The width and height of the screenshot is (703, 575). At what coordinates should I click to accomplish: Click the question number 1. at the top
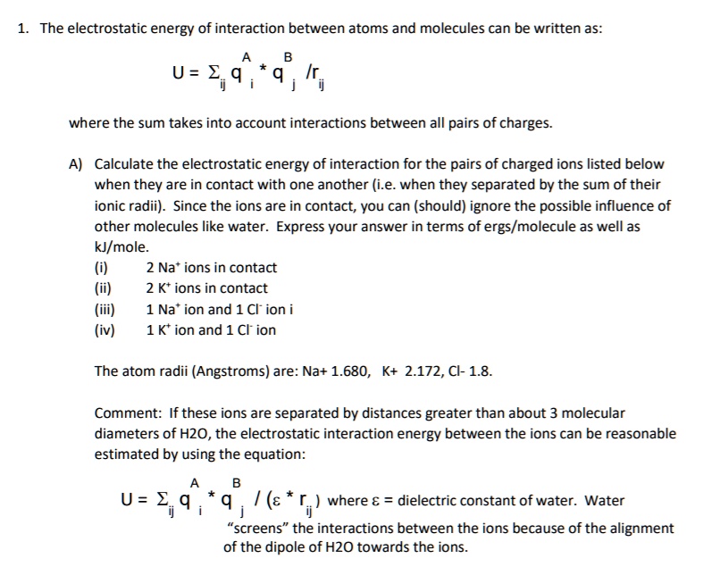24,29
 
